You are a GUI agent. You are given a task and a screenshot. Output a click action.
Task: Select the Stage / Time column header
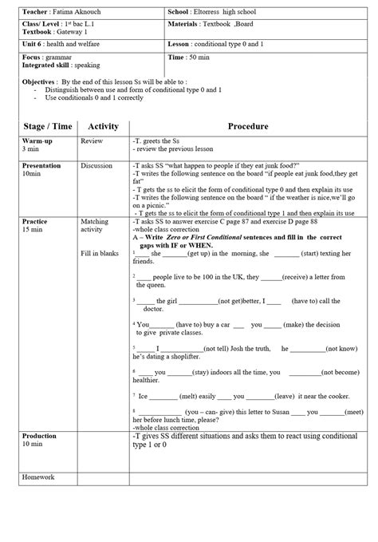pos(45,126)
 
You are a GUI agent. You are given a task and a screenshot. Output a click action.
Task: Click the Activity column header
pos(103,126)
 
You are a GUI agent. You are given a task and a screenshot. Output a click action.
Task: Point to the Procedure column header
pos(248,126)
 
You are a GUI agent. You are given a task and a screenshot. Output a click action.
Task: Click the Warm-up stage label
pos(36,140)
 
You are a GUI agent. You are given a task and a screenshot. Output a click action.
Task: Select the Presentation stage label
pos(42,165)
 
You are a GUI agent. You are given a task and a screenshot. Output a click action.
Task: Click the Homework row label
pos(39,477)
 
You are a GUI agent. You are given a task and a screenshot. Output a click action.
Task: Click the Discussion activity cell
pos(97,165)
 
